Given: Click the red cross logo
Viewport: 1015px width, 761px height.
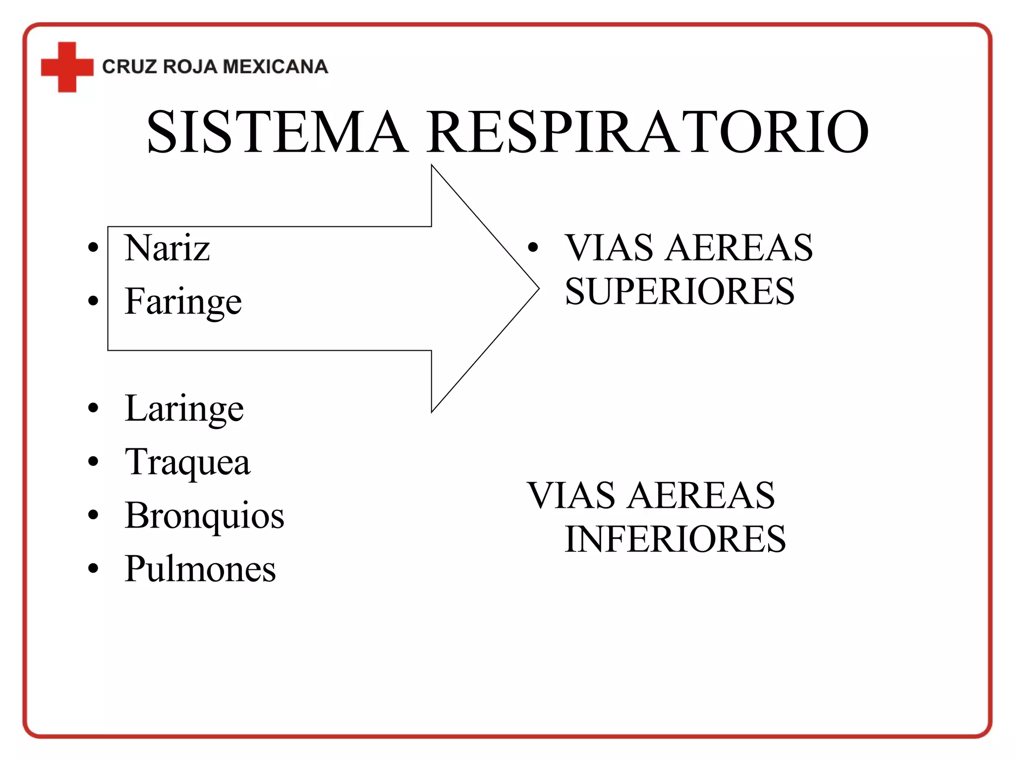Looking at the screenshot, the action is coord(67,67).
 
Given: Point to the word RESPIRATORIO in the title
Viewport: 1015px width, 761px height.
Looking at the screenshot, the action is coord(648,132).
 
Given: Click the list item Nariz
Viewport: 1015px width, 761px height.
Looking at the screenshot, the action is coord(167,248).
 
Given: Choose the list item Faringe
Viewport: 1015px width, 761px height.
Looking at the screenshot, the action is coord(183,301).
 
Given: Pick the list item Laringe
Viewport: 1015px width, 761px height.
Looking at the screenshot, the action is coord(184,409).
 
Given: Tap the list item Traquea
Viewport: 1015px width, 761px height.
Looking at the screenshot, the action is coord(187,462).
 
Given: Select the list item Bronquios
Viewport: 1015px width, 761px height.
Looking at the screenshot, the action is coord(204,516).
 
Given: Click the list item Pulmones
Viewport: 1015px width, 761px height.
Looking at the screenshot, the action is coord(200,569).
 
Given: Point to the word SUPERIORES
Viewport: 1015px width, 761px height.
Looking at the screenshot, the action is coord(679,291).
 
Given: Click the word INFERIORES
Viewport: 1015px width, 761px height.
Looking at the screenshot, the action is coord(675,539).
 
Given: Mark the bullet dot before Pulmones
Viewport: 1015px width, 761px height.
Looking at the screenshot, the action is coord(93,569).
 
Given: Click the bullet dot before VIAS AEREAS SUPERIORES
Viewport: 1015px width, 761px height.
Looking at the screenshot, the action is coord(533,247).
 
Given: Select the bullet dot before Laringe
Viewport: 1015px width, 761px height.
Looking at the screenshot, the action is coord(93,408).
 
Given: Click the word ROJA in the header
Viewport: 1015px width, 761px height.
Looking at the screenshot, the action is coord(190,67).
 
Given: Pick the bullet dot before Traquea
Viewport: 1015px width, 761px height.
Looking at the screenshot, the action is coord(93,462).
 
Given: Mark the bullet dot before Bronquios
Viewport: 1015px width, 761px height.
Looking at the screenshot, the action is coord(93,515).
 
